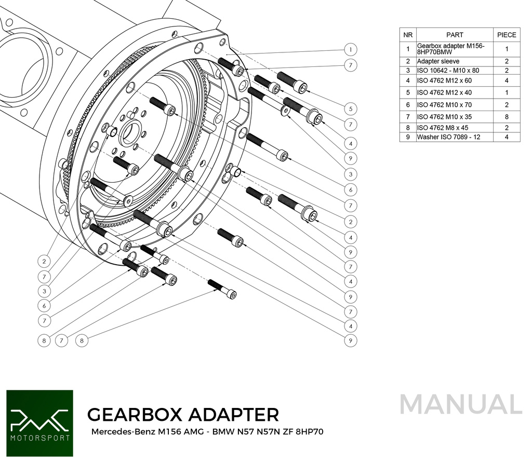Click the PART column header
(x=454, y=35)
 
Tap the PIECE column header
(x=507, y=35)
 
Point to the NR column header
(x=408, y=35)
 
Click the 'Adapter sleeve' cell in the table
(x=454, y=61)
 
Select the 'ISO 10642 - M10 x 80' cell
(x=454, y=70)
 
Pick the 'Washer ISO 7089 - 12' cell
(x=454, y=137)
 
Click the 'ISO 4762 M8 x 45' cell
(x=454, y=128)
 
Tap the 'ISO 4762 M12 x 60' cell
(x=454, y=80)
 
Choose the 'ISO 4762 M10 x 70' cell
(x=454, y=105)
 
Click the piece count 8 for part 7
(x=507, y=117)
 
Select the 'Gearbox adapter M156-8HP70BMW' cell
(x=454, y=49)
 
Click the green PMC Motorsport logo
(x=39, y=423)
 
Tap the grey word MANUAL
(x=461, y=405)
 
